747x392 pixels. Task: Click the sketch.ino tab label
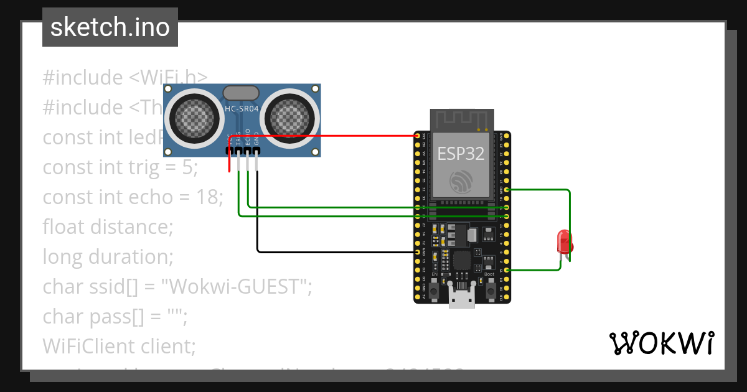pyautogui.click(x=110, y=27)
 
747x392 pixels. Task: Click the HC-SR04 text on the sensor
pyautogui.click(x=242, y=108)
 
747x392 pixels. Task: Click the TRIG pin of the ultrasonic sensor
pyautogui.click(x=239, y=151)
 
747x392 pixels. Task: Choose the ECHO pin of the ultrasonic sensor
pyautogui.click(x=248, y=151)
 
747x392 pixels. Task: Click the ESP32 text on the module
pyautogui.click(x=461, y=153)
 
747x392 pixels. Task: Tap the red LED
pyautogui.click(x=565, y=241)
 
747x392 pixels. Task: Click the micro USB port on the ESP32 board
pyautogui.click(x=461, y=298)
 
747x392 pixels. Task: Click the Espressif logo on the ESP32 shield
pyautogui.click(x=461, y=181)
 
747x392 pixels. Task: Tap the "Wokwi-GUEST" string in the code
pyautogui.click(x=236, y=286)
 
